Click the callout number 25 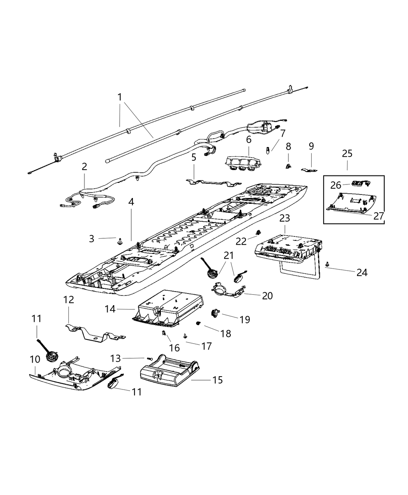pyautogui.click(x=347, y=153)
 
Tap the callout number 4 pyautogui.click(x=131, y=202)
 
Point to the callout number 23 pyautogui.click(x=285, y=218)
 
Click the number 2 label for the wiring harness pyautogui.click(x=84, y=167)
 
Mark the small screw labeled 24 pyautogui.click(x=328, y=264)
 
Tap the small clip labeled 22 pyautogui.click(x=257, y=233)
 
